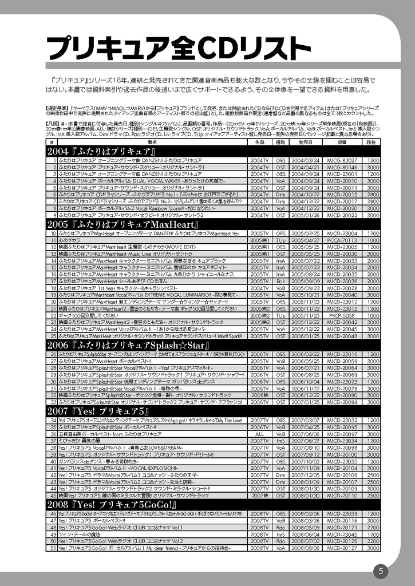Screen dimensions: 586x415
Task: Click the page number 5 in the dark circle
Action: coord(380,571)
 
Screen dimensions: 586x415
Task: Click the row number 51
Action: coord(52,548)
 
